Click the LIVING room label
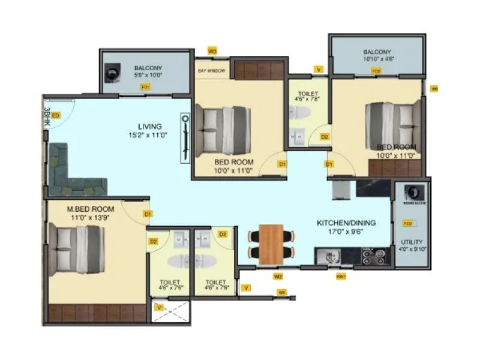click(x=149, y=127)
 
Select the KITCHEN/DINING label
click(x=346, y=223)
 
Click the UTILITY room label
click(x=411, y=242)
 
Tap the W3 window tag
click(x=212, y=51)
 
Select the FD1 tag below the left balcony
click(x=145, y=87)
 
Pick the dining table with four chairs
click(x=271, y=243)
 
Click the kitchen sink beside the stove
click(x=330, y=257)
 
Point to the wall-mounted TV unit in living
click(x=185, y=138)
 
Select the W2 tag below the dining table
click(x=278, y=277)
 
